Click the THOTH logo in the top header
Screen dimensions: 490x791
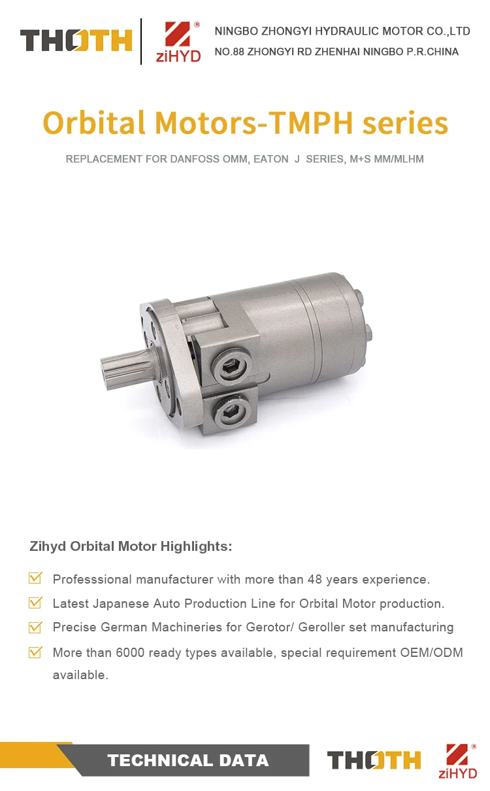pos(76,41)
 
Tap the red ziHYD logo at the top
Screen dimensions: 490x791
pos(178,42)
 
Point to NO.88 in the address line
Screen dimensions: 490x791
pos(229,52)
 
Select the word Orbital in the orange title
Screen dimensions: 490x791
pos(94,122)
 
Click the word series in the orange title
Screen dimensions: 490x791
pos(406,123)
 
